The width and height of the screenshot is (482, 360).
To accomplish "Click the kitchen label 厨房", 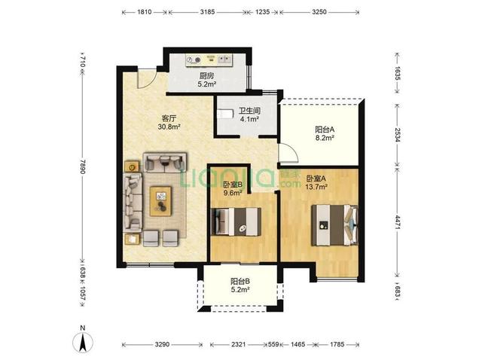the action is (206, 75).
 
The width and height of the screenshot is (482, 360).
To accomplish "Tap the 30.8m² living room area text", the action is (169, 126).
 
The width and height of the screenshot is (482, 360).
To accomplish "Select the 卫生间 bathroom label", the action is (249, 111).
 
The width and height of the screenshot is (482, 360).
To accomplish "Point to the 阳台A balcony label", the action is (325, 130).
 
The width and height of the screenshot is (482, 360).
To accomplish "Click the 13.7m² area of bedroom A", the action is (316, 186).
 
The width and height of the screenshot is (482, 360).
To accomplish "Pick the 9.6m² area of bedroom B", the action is (233, 193).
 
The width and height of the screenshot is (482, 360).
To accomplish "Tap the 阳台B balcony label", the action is (240, 281).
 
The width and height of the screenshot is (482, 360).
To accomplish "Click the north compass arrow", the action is (83, 342).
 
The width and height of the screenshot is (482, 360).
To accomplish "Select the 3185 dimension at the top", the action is (208, 12).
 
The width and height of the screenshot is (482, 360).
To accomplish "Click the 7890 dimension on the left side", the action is (82, 166).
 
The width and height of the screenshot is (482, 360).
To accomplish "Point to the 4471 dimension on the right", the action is (398, 222).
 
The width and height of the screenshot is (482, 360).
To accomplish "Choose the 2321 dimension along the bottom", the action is (239, 345).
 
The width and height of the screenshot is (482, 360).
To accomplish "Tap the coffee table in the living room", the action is (160, 201).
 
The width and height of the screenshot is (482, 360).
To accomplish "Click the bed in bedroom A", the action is (334, 225).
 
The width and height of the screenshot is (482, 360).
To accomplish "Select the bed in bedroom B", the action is (236, 221).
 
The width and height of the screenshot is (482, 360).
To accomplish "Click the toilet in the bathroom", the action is (225, 114).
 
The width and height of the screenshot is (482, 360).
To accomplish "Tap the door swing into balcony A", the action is (288, 153).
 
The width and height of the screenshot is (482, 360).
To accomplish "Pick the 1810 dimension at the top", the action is (145, 12).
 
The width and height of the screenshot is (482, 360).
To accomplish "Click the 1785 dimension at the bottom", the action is (337, 345).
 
